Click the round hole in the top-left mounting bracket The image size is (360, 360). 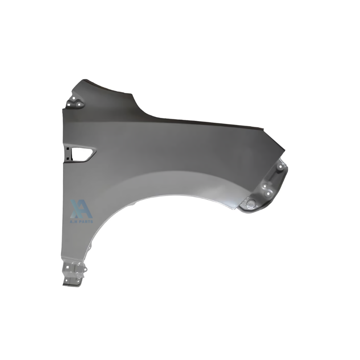(x=74, y=98)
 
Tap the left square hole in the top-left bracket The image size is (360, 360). (x=68, y=104)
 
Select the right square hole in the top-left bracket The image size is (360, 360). (x=79, y=104)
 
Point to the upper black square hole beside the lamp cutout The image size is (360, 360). (x=68, y=149)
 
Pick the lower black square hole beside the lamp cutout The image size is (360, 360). (x=68, y=158)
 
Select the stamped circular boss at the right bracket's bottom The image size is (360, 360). (x=251, y=203)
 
